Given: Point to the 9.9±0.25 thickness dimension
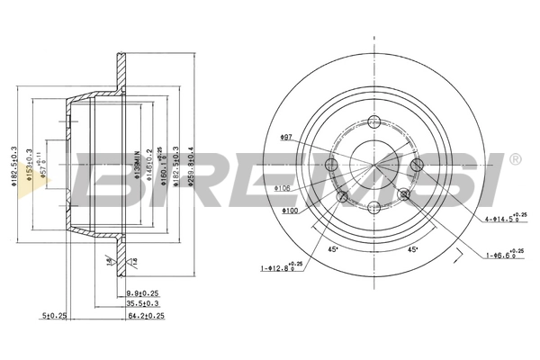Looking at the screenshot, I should pyautogui.click(x=143, y=293).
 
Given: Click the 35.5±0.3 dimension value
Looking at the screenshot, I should pyautogui.click(x=142, y=304).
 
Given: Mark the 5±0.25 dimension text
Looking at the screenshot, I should pyautogui.click(x=54, y=316).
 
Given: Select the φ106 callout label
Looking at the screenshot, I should pyautogui.click(x=283, y=188).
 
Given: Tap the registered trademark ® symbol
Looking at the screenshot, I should pyautogui.click(x=514, y=160).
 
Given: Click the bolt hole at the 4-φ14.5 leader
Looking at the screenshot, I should pyautogui.click(x=417, y=166).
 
